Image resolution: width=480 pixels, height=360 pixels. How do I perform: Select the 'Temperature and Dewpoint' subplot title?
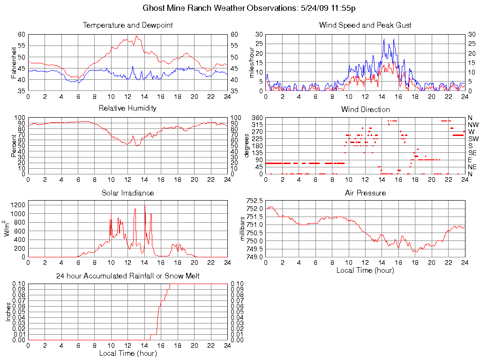pos(127,25)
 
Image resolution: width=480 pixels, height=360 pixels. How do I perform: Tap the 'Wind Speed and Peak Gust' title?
pos(365,25)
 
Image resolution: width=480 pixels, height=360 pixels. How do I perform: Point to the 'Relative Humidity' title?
pos(127,108)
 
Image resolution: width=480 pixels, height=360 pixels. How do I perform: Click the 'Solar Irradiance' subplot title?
pos(127,193)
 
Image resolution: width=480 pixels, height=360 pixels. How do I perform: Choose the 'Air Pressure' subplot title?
pos(365,193)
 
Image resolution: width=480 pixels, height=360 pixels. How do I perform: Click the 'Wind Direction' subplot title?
pos(365,109)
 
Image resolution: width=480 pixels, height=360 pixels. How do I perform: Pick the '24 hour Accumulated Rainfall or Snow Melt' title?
pos(127,276)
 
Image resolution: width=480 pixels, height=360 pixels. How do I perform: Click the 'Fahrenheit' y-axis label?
pos(14,62)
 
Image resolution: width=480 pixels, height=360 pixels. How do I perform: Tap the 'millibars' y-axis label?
pos(243,229)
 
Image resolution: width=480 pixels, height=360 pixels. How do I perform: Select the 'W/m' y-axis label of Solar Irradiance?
pos(7,228)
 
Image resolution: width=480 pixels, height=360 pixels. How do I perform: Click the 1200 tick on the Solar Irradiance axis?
pos(17,205)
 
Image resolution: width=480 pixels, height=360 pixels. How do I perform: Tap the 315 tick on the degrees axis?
pos(257,125)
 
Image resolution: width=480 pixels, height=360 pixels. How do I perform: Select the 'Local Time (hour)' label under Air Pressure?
pos(365,270)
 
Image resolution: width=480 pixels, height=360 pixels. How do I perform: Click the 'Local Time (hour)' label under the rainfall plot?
pos(127,353)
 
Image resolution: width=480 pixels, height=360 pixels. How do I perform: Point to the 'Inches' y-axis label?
pos(8,312)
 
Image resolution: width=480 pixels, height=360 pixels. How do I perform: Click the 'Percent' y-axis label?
pos(14,145)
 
